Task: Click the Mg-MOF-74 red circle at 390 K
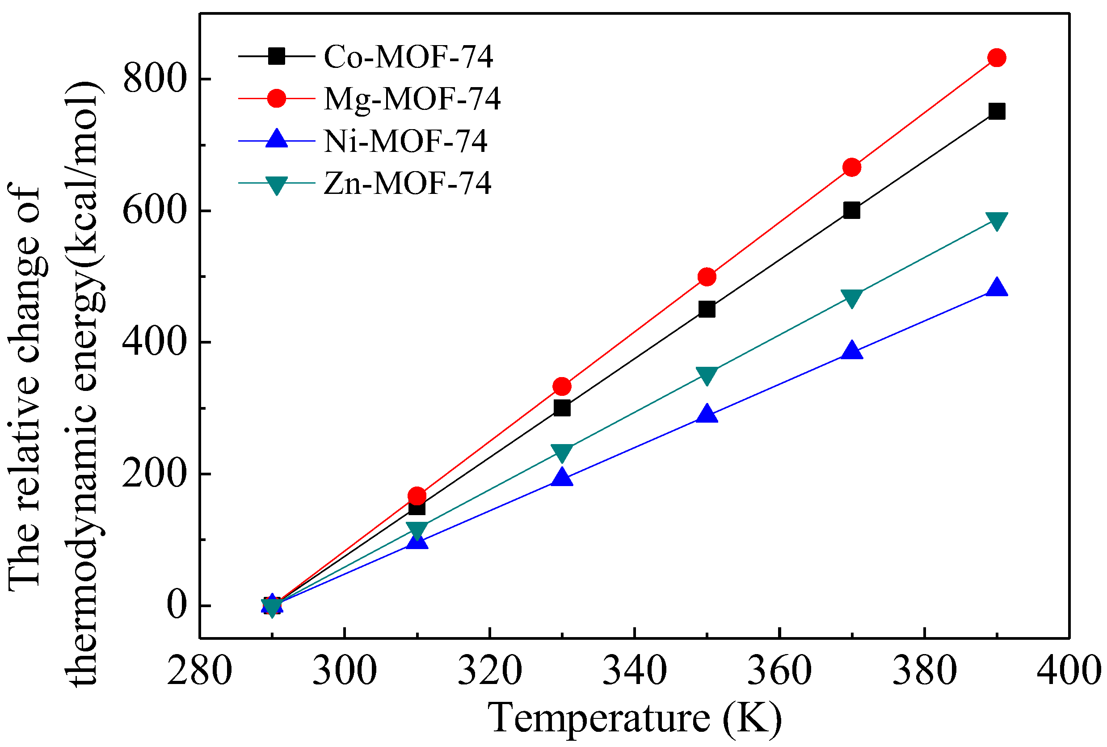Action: pos(997,58)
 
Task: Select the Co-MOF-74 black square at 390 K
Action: pos(997,111)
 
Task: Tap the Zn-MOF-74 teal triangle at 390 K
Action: pos(997,220)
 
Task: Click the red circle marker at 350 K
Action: pos(707,277)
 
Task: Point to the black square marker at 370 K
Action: pos(852,210)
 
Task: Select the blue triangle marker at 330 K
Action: pos(562,477)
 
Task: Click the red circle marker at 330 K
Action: pos(562,386)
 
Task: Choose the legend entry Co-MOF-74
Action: pos(408,57)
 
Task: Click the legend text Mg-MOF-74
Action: pos(412,99)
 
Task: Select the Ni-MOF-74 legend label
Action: pos(405,141)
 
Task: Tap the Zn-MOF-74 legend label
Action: pos(407,183)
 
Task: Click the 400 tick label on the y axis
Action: pos(153,342)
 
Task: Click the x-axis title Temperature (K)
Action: pos(635,718)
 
